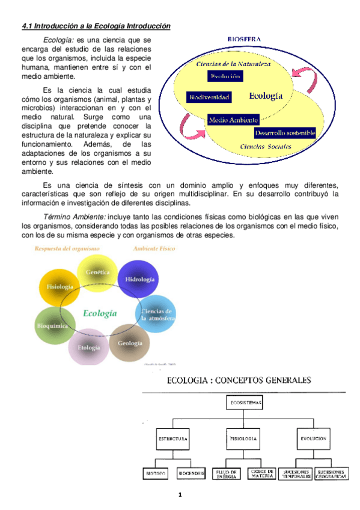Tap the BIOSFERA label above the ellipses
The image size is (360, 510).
[244, 39]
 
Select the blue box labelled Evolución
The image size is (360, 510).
[226, 76]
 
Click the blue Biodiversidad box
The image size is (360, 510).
[208, 96]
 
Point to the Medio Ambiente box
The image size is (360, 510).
[233, 120]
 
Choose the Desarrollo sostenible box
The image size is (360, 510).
[284, 133]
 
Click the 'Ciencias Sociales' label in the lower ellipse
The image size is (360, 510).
[266, 146]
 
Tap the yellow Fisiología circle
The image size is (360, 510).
[59, 286]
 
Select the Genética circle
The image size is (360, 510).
[97, 272]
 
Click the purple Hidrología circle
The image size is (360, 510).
[139, 280]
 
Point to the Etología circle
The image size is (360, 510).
[89, 346]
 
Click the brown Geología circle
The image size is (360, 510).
[130, 343]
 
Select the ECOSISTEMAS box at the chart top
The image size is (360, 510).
[245, 402]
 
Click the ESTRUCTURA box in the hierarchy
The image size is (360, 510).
[173, 439]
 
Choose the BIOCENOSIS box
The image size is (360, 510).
[191, 474]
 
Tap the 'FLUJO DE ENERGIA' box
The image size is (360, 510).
[227, 474]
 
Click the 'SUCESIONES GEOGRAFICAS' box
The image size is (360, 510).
[332, 474]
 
